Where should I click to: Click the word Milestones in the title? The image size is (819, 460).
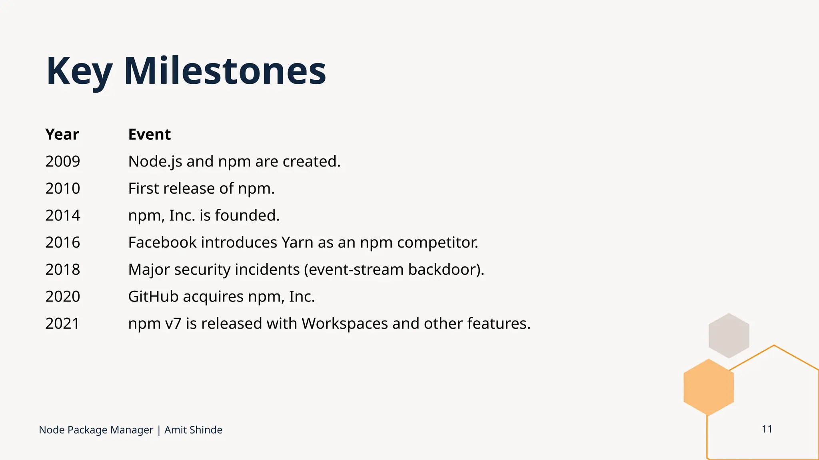click(225, 71)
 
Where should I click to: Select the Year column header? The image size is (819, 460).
click(62, 135)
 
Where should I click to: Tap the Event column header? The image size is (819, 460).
click(149, 135)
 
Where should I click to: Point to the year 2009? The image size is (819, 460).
click(63, 161)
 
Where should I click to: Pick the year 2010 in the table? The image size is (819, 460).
click(63, 188)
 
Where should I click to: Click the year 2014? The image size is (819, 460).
click(63, 216)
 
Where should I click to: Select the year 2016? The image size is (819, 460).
click(63, 242)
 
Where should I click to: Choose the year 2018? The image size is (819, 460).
click(63, 270)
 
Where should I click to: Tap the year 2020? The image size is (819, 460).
click(63, 297)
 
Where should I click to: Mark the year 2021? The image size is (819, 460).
click(62, 323)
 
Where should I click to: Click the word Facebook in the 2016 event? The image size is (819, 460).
click(162, 242)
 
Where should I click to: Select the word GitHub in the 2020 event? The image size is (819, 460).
click(153, 297)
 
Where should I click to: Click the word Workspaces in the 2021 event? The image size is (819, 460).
click(344, 323)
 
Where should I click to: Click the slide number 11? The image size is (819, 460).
click(767, 429)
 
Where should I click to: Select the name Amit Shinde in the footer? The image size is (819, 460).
click(193, 430)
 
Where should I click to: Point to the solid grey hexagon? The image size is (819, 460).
click(729, 335)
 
